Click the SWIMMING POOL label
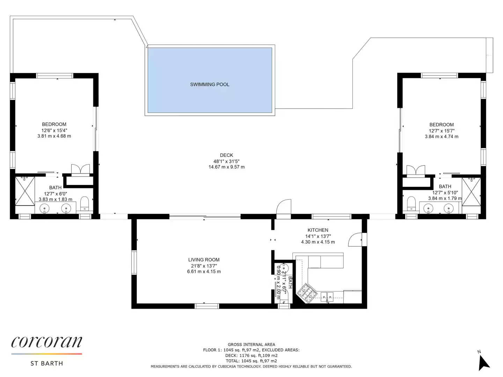pos(210,84)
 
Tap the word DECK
pos(226,155)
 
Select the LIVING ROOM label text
pos(204,260)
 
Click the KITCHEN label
pos(318,230)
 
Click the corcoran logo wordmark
pos(47,342)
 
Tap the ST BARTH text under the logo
pos(47,363)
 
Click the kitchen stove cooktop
pos(307,293)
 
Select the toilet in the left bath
pos(85,203)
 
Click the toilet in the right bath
pos(411,203)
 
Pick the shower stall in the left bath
pos(25,191)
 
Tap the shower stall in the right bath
pos(471,192)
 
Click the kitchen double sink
pos(327,297)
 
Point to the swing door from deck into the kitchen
pos(284,207)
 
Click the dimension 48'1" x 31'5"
pos(226,161)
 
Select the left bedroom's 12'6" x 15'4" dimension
pos(54,131)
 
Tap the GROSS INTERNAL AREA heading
pos(251,345)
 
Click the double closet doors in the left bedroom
pos(80,170)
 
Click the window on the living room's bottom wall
pos(207,306)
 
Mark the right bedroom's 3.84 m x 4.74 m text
pos(442,136)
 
